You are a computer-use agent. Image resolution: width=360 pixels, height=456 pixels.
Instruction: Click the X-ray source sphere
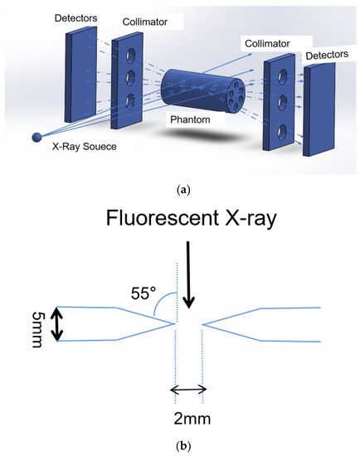pos(36,138)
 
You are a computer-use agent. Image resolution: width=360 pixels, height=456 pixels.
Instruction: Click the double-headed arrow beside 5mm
pos(56,324)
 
